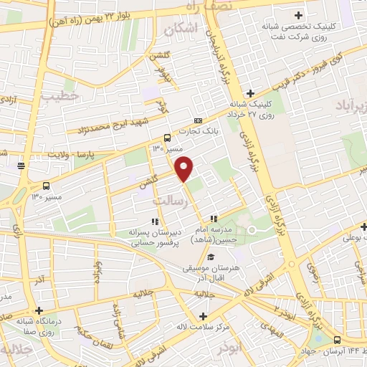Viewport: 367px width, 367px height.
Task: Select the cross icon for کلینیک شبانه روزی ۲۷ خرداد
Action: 250,92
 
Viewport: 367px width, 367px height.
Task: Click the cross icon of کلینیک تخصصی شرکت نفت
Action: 297,14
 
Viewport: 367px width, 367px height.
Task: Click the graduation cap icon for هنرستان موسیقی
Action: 211,257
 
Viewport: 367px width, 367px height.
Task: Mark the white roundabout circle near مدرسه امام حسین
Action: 252,229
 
